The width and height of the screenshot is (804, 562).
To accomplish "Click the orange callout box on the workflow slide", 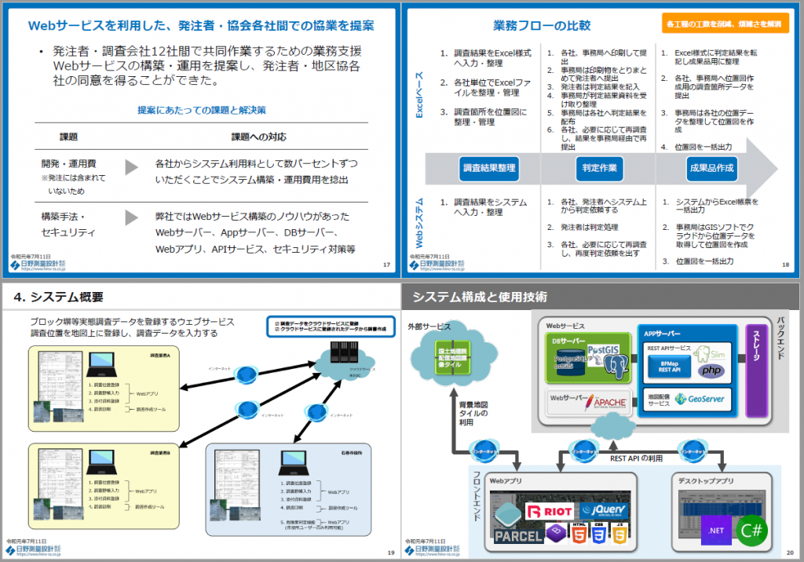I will (724, 24).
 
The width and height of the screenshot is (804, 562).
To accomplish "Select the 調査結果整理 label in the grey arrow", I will (489, 168).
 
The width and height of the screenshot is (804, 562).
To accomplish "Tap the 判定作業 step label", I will (600, 168).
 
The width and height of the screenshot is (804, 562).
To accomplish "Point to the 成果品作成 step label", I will (711, 168).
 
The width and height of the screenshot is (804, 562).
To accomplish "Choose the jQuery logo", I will (605, 511).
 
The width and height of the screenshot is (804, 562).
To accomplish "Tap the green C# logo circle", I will (751, 530).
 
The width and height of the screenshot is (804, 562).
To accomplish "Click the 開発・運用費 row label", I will (69, 164).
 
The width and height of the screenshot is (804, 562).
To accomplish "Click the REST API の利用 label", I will (634, 459).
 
